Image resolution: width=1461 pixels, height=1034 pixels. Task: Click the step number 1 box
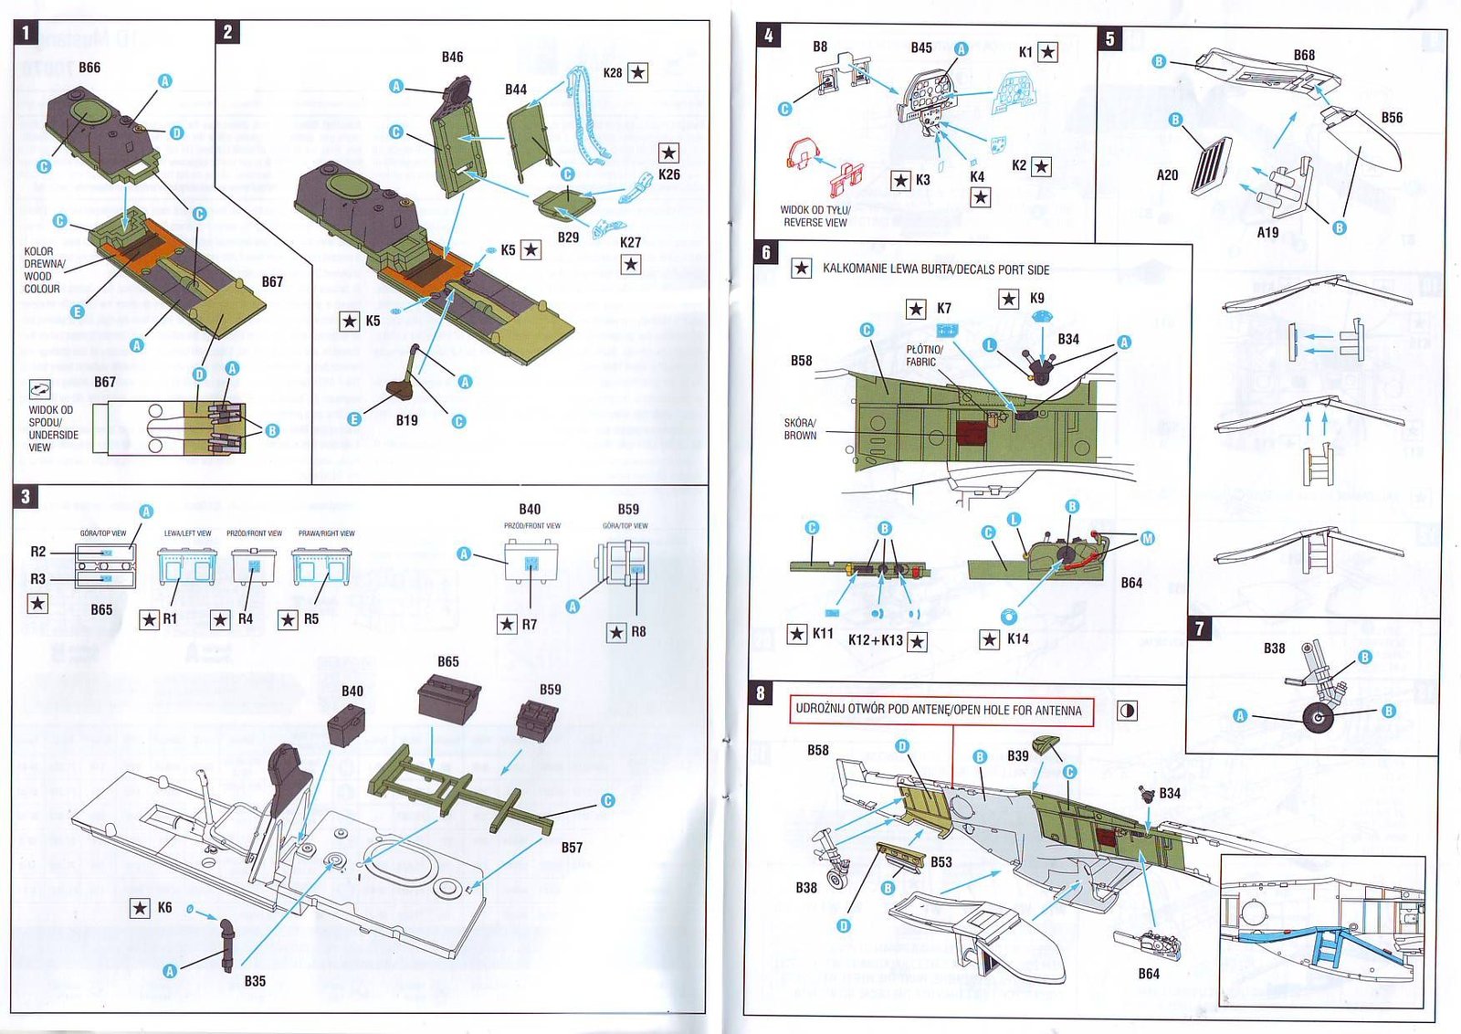26,33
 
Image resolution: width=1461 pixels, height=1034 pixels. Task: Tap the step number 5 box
1110,38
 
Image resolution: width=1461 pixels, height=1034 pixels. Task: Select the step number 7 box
1200,628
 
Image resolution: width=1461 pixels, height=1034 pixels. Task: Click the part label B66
89,68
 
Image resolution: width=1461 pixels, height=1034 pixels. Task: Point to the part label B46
452,57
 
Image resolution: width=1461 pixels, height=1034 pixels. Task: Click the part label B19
406,420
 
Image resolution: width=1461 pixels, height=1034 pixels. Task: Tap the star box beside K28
638,72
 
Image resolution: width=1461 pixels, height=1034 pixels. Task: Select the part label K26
668,174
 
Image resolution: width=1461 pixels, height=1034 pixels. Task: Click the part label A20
1167,174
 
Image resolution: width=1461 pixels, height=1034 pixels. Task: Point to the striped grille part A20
1211,165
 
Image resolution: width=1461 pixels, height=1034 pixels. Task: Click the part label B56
1392,118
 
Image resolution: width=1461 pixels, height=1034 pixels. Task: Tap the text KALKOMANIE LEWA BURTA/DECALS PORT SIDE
936,269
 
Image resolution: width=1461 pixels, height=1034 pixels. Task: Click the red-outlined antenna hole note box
940,710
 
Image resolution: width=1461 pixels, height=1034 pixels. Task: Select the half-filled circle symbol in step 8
1128,711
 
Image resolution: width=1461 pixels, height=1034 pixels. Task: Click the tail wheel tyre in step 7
1317,717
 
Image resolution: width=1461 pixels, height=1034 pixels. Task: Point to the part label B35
255,981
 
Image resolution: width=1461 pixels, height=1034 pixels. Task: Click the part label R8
638,631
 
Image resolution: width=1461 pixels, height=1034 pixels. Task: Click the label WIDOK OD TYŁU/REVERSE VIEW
815,216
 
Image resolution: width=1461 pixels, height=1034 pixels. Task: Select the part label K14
1017,639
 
